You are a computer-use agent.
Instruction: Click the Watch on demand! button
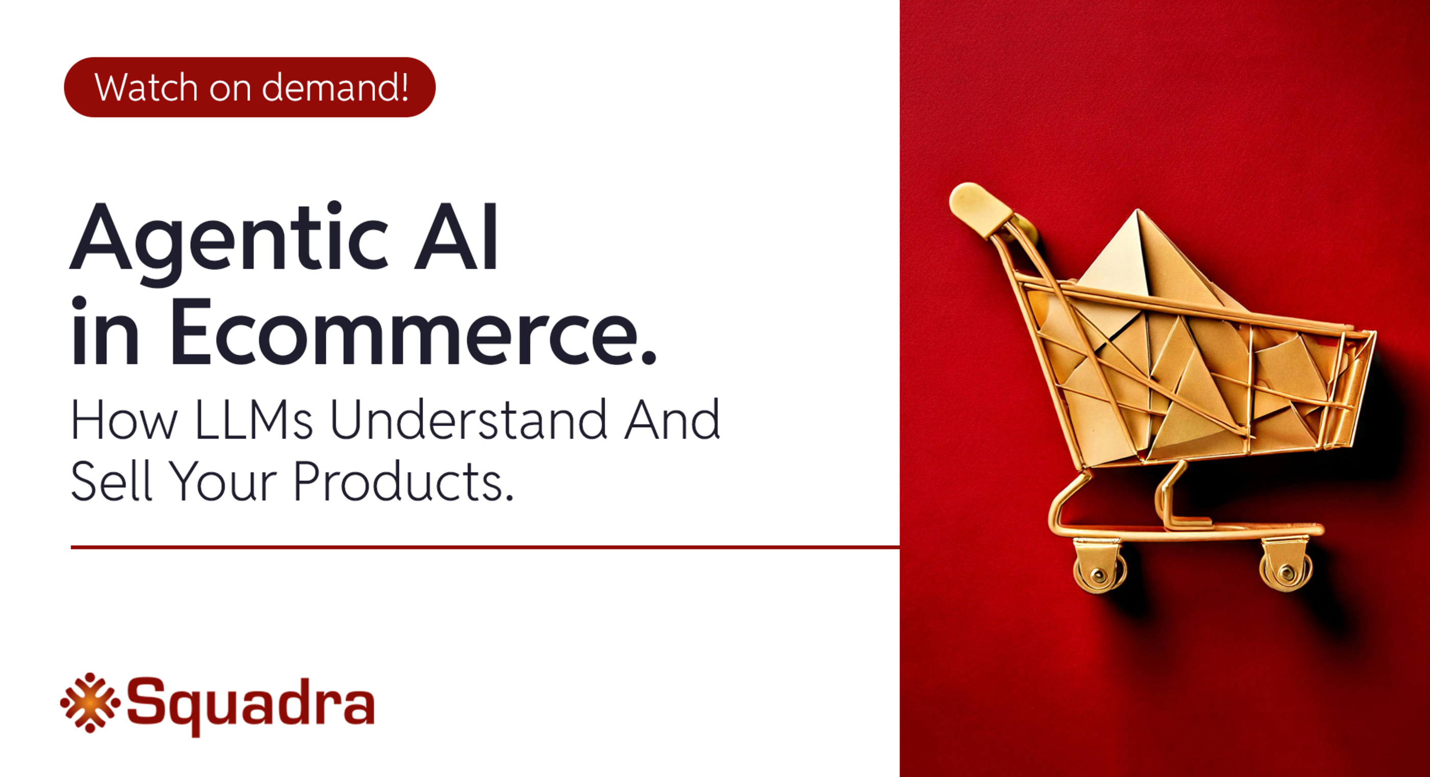(250, 87)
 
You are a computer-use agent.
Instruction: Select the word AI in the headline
(456, 240)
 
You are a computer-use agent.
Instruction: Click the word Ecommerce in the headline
(413, 333)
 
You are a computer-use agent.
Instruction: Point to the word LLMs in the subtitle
(254, 420)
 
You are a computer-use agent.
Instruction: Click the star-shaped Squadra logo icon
(90, 702)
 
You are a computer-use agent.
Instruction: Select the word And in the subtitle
(672, 420)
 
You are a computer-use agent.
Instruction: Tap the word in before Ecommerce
(104, 333)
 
